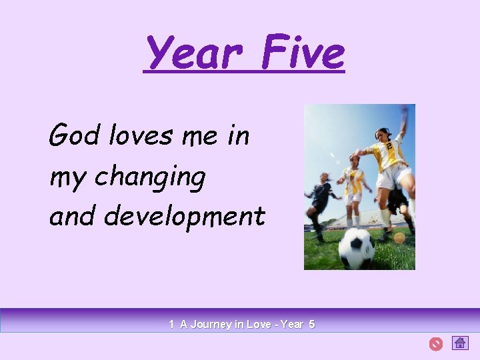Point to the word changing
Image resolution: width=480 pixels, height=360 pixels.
[150, 178]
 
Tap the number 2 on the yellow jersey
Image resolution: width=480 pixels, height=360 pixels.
[387, 145]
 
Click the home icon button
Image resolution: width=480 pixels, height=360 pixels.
[460, 343]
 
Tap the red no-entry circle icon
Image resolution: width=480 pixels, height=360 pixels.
[435, 344]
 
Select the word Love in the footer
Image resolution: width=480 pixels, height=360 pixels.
[259, 325]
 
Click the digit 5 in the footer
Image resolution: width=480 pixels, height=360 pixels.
[311, 325]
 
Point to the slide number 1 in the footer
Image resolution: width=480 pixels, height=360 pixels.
[171, 325]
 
